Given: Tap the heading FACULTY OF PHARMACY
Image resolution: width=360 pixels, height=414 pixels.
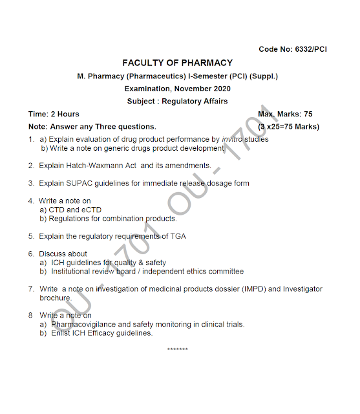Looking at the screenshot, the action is [x=177, y=63].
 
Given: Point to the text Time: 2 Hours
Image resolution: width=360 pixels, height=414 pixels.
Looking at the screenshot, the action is [x=54, y=114].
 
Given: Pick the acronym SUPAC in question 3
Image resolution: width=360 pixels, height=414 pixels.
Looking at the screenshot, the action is [x=77, y=183].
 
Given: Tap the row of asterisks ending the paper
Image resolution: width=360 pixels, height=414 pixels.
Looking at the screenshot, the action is [x=177, y=349].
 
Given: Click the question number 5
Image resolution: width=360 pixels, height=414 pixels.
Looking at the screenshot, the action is [x=31, y=236].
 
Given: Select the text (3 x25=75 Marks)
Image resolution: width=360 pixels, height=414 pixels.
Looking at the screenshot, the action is [x=288, y=127].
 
